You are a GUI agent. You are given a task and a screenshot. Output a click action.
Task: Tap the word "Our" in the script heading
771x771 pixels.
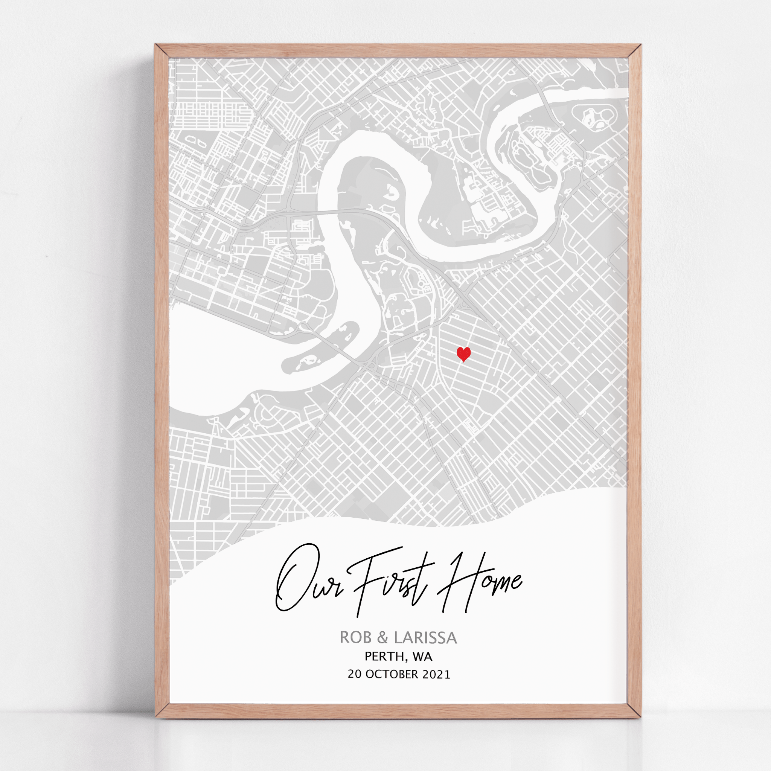307,581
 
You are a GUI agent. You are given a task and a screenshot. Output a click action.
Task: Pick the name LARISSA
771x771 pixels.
425,638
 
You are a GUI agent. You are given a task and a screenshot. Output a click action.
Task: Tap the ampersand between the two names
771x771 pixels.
382,638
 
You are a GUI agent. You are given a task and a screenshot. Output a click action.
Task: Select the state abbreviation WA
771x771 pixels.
423,657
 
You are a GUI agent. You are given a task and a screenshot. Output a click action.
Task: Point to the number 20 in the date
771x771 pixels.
355,674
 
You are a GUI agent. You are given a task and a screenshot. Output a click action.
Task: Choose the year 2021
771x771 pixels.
436,674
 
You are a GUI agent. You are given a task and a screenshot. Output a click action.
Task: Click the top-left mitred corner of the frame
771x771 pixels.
162,51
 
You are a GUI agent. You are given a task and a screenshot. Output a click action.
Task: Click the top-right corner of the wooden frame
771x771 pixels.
634,51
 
